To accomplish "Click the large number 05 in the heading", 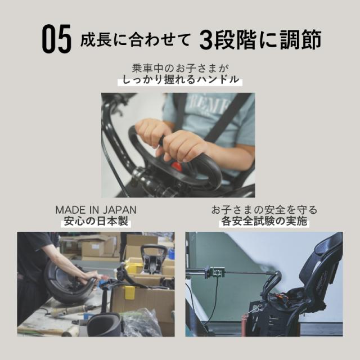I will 56,40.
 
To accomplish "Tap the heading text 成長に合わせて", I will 134,40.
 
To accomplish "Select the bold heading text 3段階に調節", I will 260,40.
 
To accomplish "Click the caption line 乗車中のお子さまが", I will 180,69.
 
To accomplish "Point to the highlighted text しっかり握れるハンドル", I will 180,80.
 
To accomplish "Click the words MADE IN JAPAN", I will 96,210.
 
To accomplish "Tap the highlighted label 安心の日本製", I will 96,222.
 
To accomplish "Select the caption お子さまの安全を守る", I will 264,210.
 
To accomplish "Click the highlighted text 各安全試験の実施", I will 264,222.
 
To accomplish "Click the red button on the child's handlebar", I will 177,166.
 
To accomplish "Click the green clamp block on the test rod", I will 215,272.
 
